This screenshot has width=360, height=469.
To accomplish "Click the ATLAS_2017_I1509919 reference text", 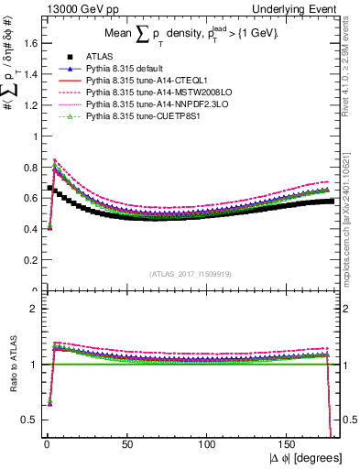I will (191, 272).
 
